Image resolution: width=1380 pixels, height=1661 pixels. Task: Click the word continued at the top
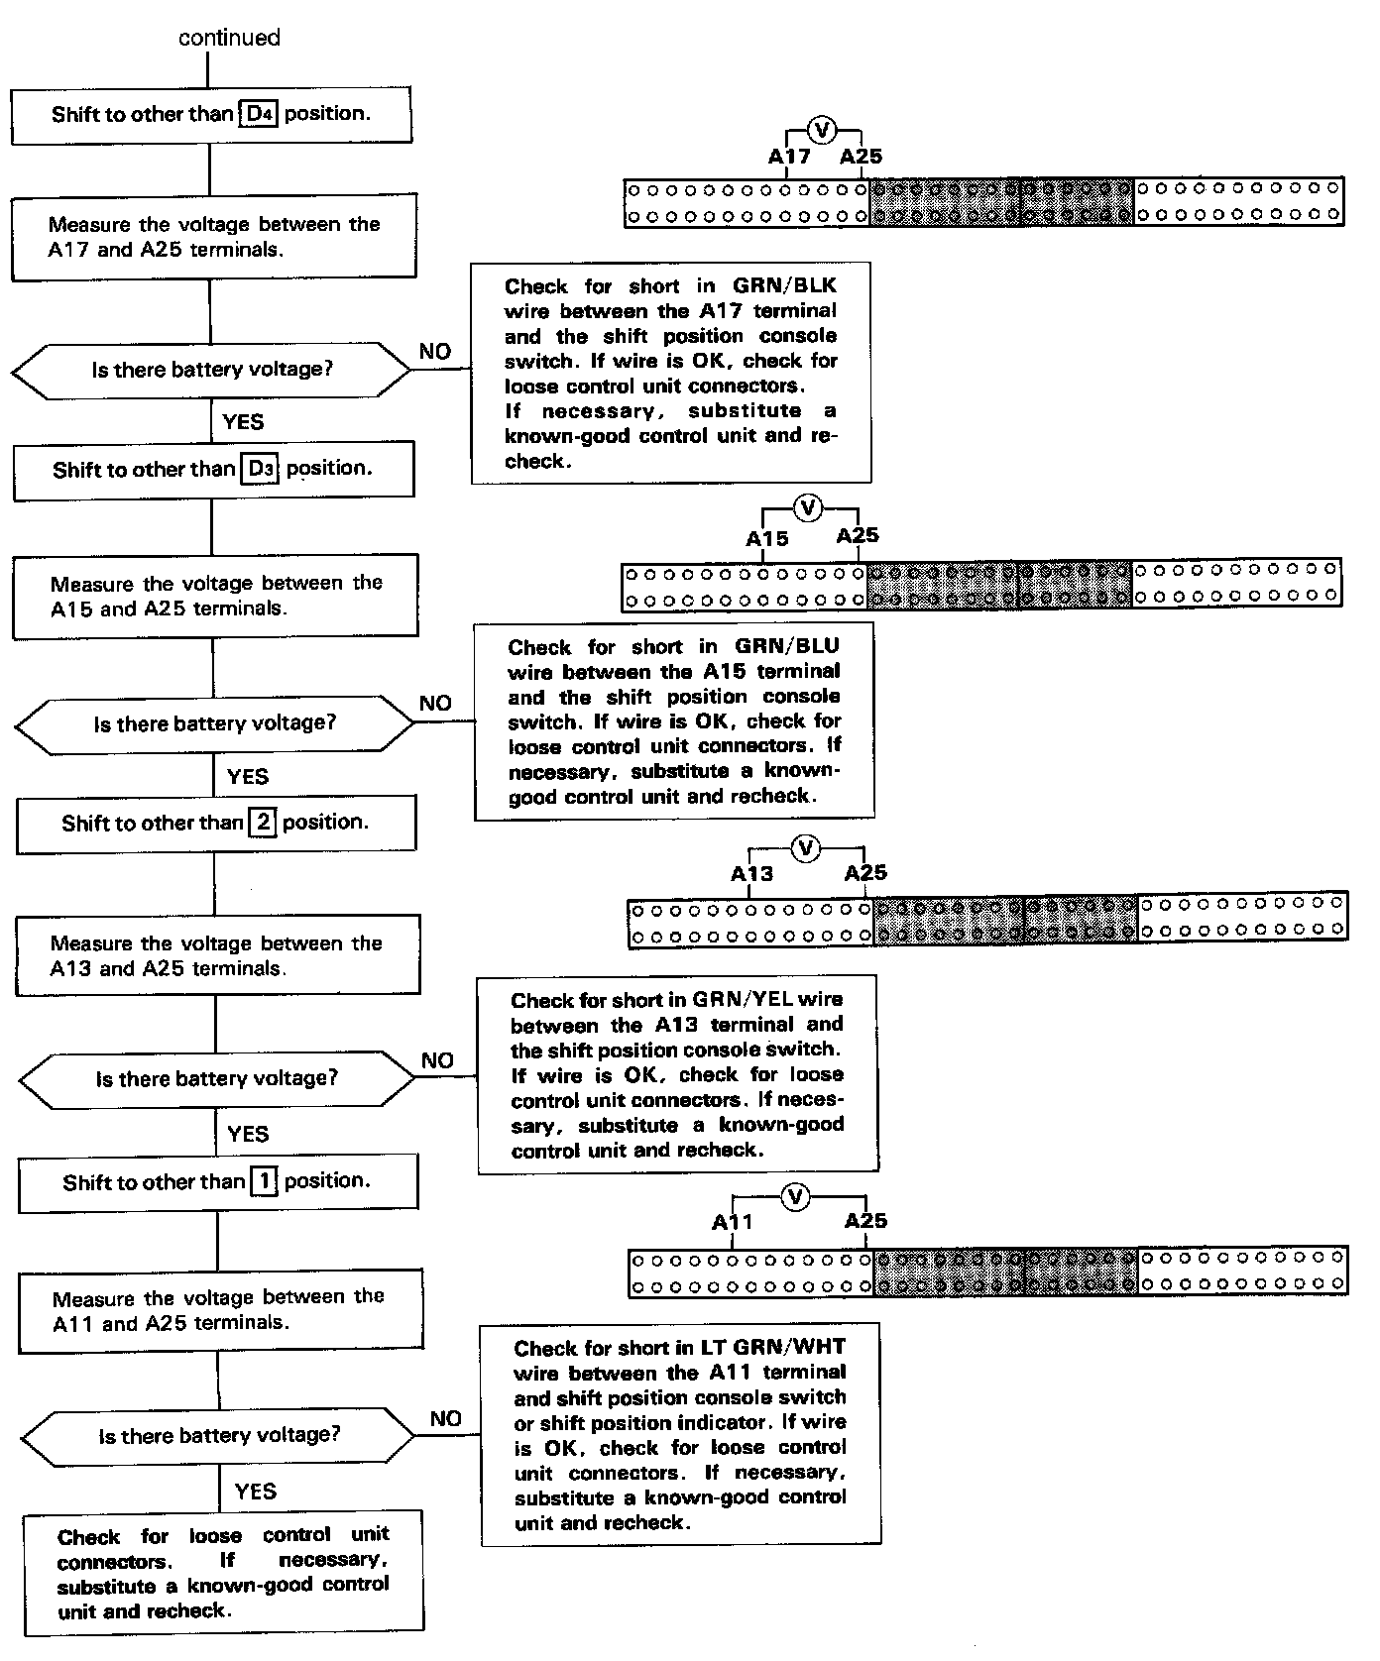coord(229,38)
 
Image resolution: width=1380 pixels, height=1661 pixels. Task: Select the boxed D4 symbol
coord(259,114)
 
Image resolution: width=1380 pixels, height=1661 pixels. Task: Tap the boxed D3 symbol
coord(261,469)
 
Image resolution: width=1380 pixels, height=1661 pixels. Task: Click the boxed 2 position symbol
coord(263,823)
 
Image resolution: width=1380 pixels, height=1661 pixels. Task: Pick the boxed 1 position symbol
coord(264,1181)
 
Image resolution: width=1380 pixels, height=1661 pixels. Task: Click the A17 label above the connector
coord(789,157)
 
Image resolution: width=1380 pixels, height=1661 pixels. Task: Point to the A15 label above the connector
coord(767,539)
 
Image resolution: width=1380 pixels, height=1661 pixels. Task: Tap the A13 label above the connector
coord(751,874)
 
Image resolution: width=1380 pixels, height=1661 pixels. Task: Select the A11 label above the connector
coord(733,1222)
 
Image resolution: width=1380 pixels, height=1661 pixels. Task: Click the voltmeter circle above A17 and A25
coord(822,129)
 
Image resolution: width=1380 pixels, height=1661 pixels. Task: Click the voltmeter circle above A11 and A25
coord(795,1197)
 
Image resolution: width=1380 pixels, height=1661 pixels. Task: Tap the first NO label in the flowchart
coord(435,352)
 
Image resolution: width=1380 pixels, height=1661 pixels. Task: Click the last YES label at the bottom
coord(256,1492)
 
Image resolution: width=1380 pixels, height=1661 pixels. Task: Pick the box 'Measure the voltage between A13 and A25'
coord(217,955)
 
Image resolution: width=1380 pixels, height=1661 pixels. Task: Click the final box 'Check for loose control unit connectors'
coord(224,1573)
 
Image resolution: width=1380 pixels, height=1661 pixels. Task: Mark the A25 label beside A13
coord(865,873)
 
